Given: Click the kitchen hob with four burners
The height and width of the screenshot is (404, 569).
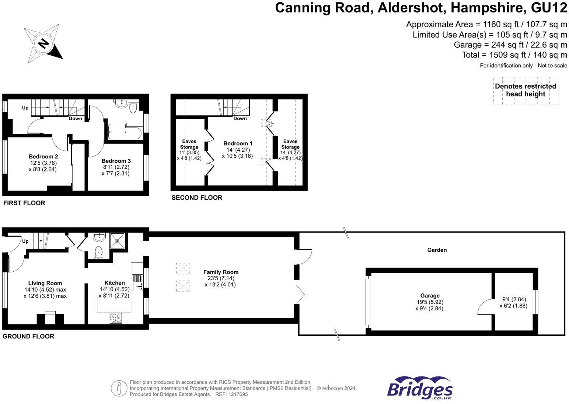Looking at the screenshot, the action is [x=116, y=318].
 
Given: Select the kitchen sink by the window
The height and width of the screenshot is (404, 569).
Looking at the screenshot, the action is [x=137, y=283].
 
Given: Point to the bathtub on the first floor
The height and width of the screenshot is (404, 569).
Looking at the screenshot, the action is [x=125, y=131].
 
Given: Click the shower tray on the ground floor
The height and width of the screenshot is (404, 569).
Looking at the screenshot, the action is [x=117, y=241].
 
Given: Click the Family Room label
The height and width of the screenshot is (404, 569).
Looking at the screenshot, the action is [x=221, y=272].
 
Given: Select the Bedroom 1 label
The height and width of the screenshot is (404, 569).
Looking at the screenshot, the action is [x=238, y=143].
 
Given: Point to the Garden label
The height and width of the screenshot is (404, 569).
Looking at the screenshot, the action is [x=437, y=250].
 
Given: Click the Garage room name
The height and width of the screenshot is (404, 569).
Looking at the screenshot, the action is [x=430, y=296].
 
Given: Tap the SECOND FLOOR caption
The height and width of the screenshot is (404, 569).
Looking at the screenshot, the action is [x=197, y=198].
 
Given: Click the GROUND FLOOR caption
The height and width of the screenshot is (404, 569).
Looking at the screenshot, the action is [x=28, y=336].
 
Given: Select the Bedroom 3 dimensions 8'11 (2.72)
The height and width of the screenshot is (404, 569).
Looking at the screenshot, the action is [x=116, y=167].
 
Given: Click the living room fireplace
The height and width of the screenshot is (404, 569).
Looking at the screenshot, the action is [x=50, y=318].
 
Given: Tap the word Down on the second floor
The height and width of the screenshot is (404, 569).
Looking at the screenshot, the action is [x=240, y=118].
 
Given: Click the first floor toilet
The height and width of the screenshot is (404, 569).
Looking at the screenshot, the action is [x=133, y=108].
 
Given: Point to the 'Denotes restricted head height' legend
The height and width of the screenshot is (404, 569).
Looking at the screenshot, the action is [x=526, y=90].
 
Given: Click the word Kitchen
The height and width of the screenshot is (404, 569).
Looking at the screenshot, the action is [x=115, y=283].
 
